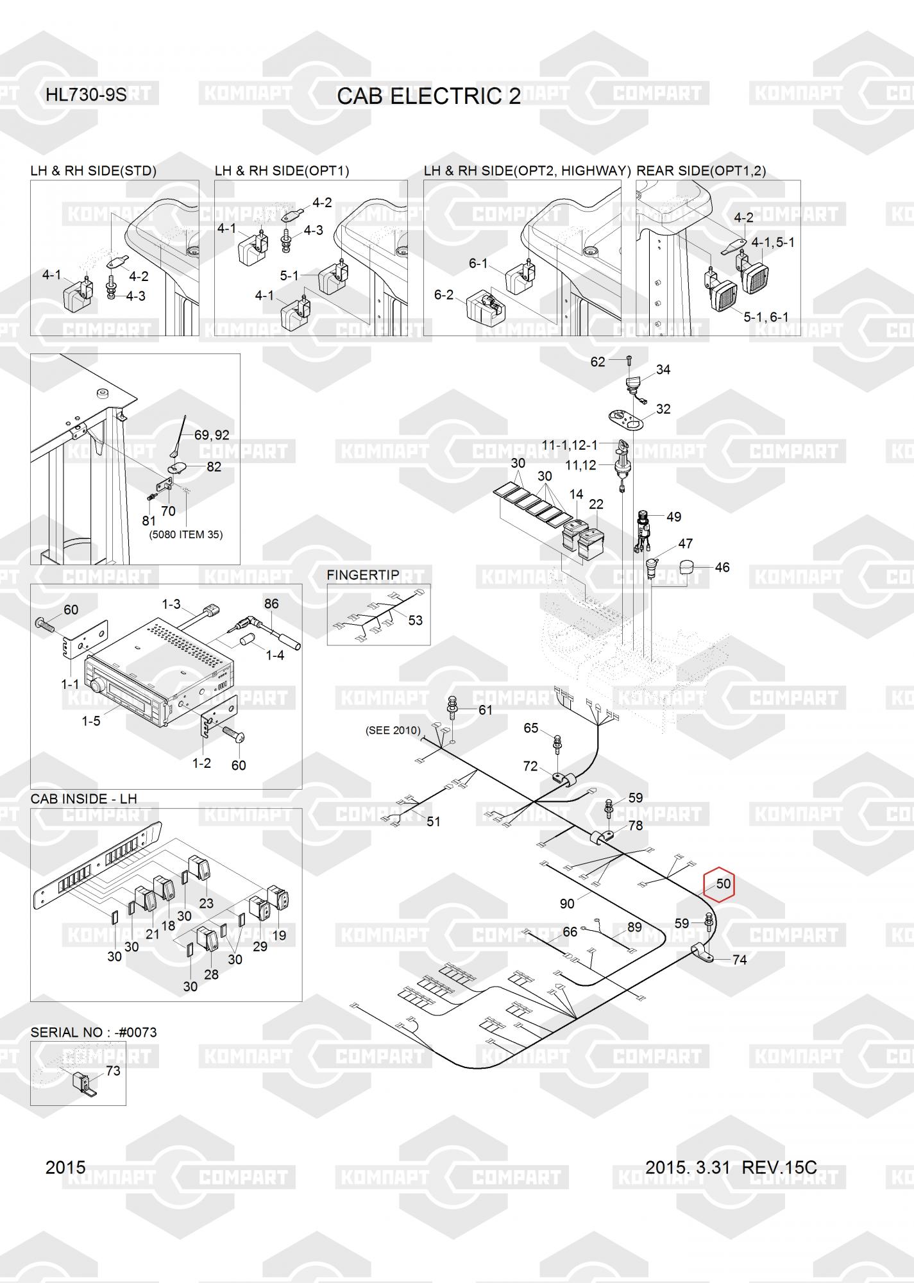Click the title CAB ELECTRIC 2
tap(429, 96)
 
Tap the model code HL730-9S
tap(86, 96)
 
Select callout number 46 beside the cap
tap(722, 567)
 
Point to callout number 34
tap(663, 370)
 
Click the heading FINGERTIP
tap(363, 575)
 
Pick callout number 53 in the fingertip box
tap(416, 620)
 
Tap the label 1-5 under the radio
tap(91, 721)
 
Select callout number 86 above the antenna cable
tap(272, 604)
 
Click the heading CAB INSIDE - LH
tap(84, 799)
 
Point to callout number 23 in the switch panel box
tap(206, 903)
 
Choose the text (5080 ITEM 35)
tap(186, 534)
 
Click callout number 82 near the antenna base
tap(214, 467)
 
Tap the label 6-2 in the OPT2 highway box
tap(444, 295)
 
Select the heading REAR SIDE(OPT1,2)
tap(701, 171)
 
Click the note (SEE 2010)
tap(393, 730)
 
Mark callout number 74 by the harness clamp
tap(740, 960)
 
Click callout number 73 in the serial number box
tap(113, 1071)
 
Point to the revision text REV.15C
tap(779, 1167)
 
